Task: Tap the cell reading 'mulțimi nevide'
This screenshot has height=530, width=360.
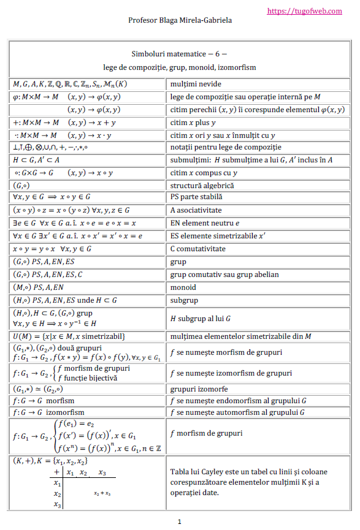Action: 196,84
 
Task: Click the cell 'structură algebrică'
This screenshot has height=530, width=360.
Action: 202,185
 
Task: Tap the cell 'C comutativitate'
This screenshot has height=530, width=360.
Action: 197,249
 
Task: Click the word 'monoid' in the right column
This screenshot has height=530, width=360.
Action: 184,287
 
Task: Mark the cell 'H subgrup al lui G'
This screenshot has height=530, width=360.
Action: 200,318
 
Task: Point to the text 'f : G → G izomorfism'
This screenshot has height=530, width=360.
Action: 48,412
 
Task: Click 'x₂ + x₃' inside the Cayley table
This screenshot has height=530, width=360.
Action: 102,493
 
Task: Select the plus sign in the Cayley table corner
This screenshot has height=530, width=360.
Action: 57,472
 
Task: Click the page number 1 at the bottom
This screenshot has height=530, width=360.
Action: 179,522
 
